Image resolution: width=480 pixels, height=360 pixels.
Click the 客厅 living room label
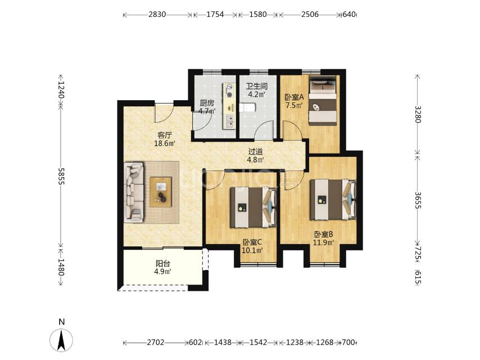(165, 135)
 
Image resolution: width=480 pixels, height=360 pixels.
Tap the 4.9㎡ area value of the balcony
(162, 272)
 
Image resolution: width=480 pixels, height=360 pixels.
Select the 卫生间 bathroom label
(256, 87)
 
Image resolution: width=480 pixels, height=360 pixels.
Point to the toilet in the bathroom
(247, 107)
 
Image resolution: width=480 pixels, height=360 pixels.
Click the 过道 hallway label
(255, 151)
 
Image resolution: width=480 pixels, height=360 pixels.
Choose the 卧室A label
(294, 97)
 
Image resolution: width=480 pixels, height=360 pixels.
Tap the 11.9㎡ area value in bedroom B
(323, 242)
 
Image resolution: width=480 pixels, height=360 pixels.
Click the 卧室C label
(252, 242)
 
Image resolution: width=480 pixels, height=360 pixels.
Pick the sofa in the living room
(134, 192)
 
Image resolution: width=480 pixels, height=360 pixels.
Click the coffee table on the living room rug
(161, 192)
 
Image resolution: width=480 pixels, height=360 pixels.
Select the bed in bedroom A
(323, 101)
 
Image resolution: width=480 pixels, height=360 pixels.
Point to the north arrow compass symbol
(61, 340)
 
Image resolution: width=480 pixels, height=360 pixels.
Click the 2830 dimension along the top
(157, 15)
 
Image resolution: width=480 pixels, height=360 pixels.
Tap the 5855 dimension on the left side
(61, 176)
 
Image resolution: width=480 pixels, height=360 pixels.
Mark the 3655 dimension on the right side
(418, 200)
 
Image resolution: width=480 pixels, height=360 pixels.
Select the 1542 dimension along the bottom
(258, 342)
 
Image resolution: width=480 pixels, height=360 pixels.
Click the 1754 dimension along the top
(215, 15)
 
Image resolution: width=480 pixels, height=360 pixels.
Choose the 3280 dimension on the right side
(418, 114)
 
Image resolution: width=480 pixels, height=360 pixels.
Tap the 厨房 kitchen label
(207, 103)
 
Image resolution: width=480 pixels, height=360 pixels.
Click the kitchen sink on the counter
(228, 121)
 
